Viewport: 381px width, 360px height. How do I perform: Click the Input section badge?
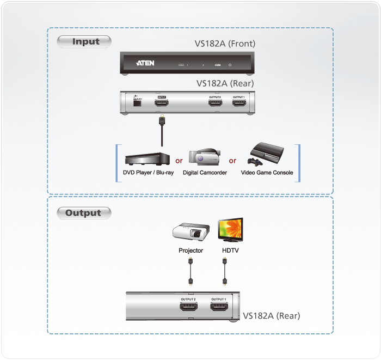click(85, 41)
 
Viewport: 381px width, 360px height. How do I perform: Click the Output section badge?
click(84, 213)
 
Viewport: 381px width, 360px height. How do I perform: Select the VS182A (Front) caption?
click(225, 44)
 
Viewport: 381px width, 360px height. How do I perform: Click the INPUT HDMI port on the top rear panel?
click(162, 102)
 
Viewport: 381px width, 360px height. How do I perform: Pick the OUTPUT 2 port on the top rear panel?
click(215, 102)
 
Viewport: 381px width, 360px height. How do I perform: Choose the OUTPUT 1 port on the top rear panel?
click(238, 102)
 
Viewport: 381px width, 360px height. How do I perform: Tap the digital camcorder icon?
click(204, 156)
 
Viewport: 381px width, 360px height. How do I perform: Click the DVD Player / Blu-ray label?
click(145, 173)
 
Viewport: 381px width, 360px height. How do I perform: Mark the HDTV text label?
click(230, 251)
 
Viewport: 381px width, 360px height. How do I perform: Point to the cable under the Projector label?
click(190, 271)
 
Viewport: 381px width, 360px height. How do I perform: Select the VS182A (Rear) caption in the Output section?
click(271, 315)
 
